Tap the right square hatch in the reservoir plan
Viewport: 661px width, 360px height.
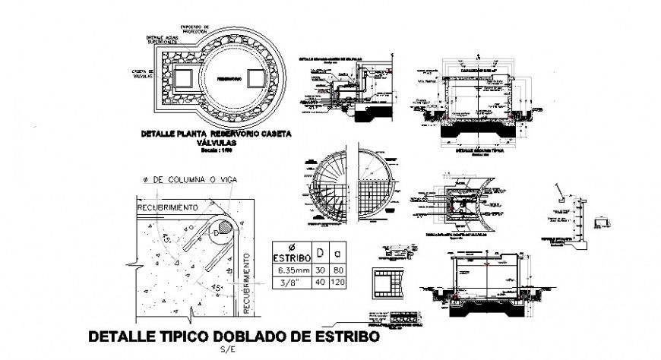click(x=254, y=78)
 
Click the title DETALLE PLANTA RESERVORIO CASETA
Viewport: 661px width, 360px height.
click(x=217, y=134)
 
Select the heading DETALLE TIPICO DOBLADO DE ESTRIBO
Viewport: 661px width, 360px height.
click(x=233, y=336)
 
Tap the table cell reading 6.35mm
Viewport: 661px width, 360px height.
click(x=290, y=270)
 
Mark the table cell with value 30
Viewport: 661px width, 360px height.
click(x=320, y=270)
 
